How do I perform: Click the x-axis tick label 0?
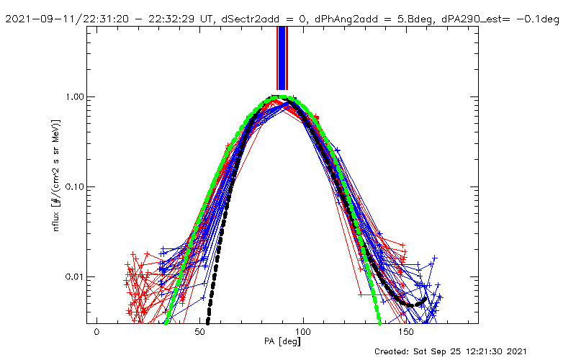96,333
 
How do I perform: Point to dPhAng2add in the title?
346,19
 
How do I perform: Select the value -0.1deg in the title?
536,19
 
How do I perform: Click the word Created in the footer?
393,351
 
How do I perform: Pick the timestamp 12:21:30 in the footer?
490,351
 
